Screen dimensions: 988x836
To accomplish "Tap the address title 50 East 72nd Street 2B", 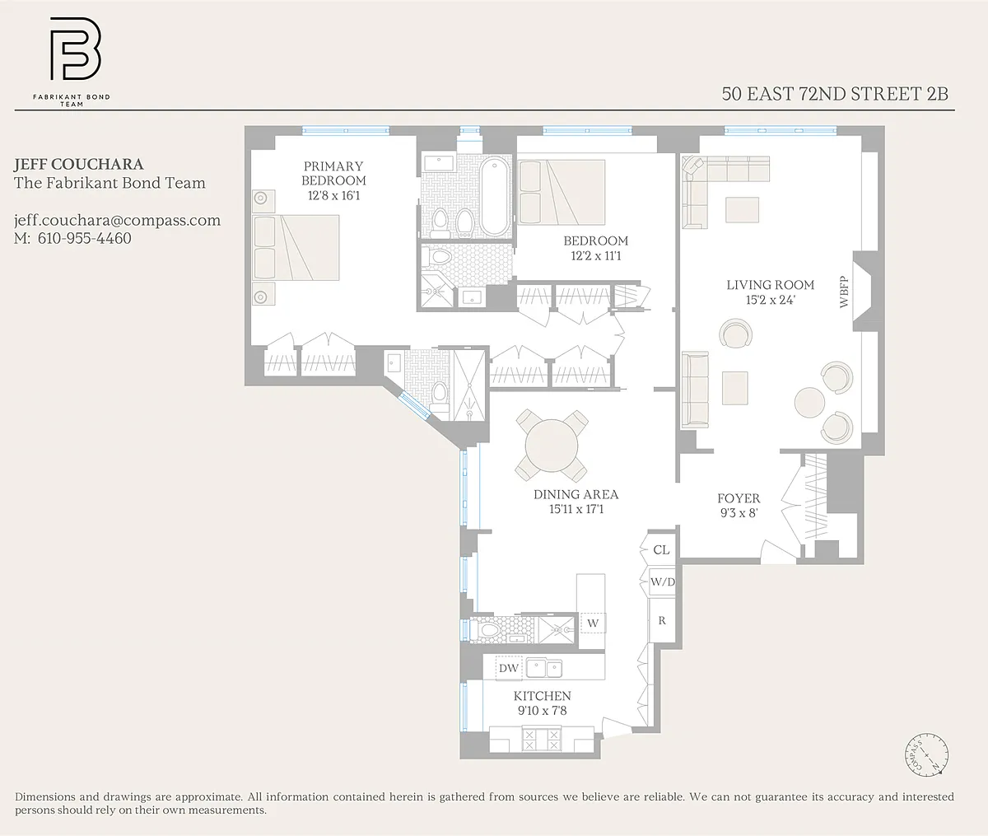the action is pos(835,94).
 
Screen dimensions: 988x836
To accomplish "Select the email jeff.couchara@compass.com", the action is pos(117,221).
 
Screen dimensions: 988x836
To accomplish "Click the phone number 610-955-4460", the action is pos(84,238).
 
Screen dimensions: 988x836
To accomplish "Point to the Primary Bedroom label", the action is pos(333,173).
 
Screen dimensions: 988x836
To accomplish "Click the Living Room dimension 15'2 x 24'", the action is pos(770,300).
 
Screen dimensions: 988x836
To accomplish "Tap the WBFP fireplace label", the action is pos(844,292).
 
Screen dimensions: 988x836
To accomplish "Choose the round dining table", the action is pos(552,446).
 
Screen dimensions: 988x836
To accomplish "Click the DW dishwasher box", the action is pos(508,668).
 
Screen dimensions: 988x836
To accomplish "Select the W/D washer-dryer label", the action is pos(663,582).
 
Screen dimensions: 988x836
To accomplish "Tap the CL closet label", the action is pos(661,550).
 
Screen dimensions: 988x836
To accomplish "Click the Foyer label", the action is pos(739,498).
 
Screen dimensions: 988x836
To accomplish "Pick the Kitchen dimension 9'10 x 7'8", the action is pos(542,711).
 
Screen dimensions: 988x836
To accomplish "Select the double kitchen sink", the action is pos(544,668).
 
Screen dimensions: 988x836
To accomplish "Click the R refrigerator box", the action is pos(662,620).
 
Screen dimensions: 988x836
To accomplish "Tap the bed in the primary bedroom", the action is pos(296,247).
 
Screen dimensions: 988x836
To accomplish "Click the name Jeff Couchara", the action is pos(78,164).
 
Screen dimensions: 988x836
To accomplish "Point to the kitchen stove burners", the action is pos(542,740).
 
